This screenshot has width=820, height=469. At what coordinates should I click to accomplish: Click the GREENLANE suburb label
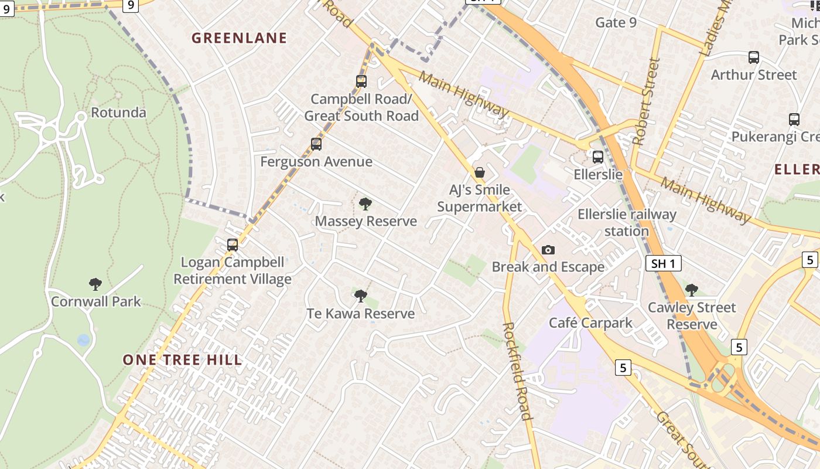[x=240, y=38]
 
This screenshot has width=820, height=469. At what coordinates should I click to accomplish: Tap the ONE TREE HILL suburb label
[x=182, y=360]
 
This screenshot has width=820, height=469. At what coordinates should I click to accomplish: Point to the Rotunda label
[x=118, y=113]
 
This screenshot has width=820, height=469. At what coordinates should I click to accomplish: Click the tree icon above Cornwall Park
[x=95, y=284]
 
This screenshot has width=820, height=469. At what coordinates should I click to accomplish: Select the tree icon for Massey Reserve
[x=365, y=204]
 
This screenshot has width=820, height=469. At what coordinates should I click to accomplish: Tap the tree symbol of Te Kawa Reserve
[x=361, y=296]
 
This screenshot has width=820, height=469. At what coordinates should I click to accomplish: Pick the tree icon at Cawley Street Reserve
[x=692, y=290]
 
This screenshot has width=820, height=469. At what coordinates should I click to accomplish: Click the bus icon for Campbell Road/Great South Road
[x=361, y=81]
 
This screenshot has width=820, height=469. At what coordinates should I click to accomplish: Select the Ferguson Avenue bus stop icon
[x=316, y=144]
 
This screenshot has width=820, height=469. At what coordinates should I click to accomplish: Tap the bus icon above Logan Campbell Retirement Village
[x=233, y=245]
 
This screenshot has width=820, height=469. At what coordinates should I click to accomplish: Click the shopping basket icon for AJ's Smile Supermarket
[x=480, y=172]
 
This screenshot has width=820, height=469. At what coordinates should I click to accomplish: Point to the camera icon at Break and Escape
[x=548, y=250]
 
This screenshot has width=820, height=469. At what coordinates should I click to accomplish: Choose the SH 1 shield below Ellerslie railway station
[x=664, y=264]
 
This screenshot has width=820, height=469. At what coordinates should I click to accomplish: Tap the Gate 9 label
[x=616, y=23]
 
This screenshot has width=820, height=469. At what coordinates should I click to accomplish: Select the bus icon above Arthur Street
[x=754, y=57]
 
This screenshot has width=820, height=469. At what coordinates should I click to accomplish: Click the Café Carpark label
[x=590, y=322]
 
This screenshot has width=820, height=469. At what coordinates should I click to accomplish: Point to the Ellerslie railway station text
[x=627, y=223]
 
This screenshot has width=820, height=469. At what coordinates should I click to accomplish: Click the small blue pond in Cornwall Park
[x=84, y=340]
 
